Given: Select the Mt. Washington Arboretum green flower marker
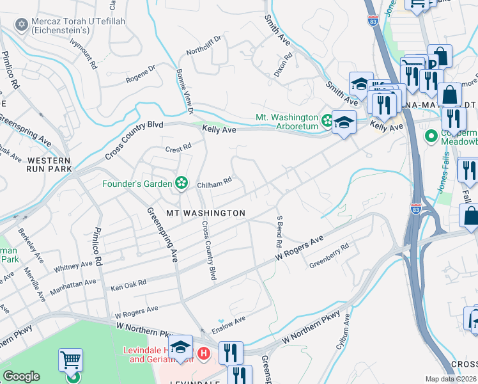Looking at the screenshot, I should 327,120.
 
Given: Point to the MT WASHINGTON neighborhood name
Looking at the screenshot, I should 206,212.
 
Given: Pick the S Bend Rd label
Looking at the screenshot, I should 279,232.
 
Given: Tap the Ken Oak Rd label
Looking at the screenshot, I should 128,282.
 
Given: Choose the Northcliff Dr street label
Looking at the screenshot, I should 203,45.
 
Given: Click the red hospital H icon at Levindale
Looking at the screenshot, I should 203,353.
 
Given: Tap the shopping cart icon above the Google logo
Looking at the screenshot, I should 70,360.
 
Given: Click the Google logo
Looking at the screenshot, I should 21,376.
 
